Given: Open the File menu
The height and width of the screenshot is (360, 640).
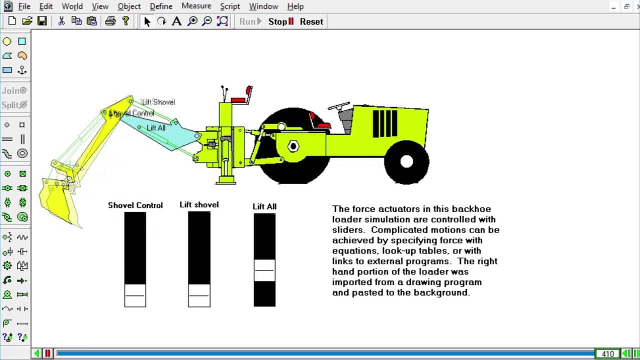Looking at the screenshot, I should [24, 6].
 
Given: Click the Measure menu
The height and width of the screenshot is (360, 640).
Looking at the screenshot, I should [196, 6].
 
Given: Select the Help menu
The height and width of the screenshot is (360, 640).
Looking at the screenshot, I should [295, 6].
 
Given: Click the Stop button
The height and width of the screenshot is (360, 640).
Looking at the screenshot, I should [280, 21].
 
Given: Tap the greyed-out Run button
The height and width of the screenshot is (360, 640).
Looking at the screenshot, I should [250, 21].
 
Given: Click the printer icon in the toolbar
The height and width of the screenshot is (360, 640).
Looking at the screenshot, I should [110, 21].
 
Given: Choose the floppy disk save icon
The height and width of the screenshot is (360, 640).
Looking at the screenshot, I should [42, 21].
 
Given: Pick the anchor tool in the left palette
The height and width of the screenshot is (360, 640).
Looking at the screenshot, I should [22, 70].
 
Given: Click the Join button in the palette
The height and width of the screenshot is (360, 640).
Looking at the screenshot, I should [14, 90].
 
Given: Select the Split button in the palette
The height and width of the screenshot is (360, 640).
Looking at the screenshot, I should [14, 105].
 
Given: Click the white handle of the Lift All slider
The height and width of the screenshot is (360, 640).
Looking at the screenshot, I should [264, 270].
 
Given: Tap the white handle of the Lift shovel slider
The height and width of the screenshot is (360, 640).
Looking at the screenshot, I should [199, 295].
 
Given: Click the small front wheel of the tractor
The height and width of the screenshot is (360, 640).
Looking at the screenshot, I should [406, 161].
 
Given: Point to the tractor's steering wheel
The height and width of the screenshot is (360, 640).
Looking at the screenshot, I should [338, 106].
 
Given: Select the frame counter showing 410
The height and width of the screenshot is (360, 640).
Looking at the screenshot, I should [607, 354].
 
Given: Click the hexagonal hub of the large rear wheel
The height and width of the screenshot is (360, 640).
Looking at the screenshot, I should [293, 146].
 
